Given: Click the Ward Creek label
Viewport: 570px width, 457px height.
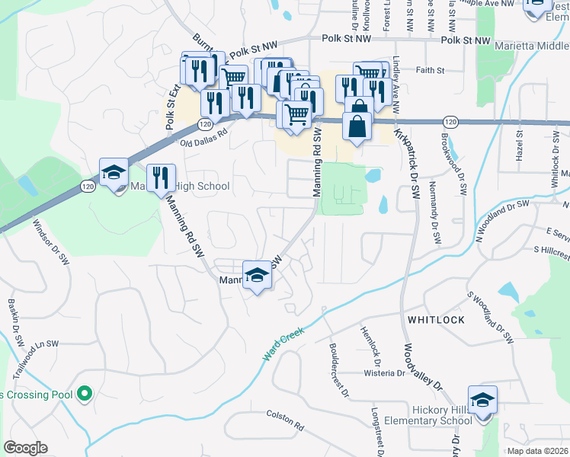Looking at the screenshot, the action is [284, 344].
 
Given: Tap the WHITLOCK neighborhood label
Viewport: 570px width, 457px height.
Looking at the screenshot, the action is [435, 320].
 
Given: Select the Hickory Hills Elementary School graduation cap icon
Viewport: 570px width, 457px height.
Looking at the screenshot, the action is [482, 400].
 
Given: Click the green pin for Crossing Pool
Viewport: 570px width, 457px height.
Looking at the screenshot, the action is [85, 394].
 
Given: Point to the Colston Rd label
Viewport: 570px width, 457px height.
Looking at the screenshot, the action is [285, 419].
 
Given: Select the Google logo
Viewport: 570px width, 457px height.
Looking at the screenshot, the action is [25, 448].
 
